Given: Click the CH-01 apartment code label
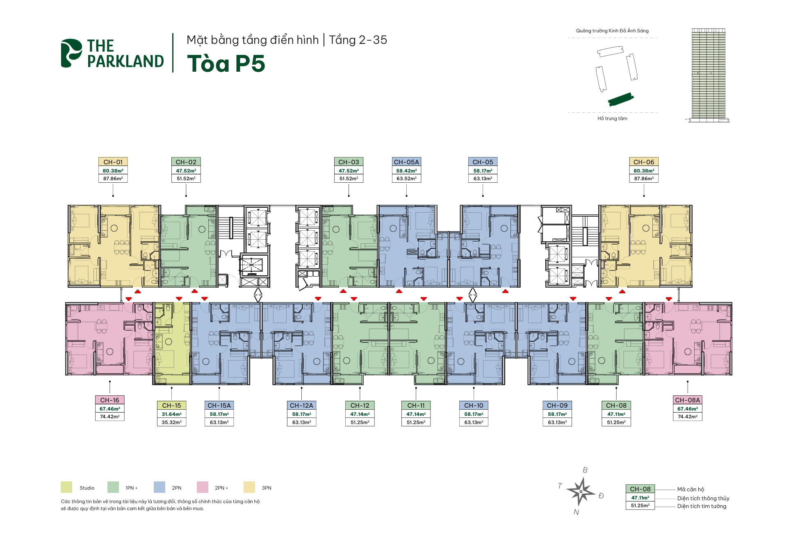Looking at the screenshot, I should click(113, 162).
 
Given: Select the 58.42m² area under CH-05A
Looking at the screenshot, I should click(406, 171).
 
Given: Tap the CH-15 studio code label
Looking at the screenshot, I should click(171, 405).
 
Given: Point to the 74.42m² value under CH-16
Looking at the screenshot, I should click(109, 417).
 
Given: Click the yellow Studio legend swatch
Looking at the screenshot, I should click(66, 487).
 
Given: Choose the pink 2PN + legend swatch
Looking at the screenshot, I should click(203, 487).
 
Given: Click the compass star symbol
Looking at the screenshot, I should click(581, 491).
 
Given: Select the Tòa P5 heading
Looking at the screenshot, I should click(226, 64).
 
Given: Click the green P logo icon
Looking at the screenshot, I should click(71, 53).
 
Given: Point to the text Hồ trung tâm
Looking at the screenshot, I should click(612, 118).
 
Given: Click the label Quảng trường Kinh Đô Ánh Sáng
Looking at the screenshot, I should click(612, 31).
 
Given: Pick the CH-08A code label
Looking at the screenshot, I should click(688, 400).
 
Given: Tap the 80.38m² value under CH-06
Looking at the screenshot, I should click(644, 171).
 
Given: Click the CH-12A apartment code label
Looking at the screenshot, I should click(301, 405).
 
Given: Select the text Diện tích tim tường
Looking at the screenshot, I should click(702, 506).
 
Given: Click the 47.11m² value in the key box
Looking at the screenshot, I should click(640, 498).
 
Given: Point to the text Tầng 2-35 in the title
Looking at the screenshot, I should click(358, 40).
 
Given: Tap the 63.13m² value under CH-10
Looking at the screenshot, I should click(474, 422).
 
